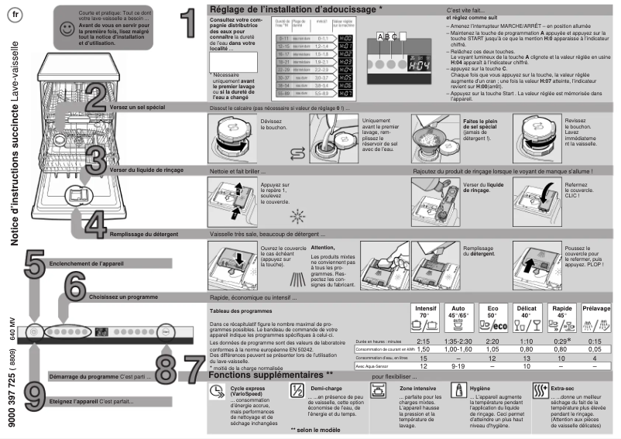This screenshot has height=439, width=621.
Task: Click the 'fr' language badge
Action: click(17, 14)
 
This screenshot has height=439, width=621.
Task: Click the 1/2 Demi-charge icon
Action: click(296, 391)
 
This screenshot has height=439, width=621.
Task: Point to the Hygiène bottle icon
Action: click(461, 391)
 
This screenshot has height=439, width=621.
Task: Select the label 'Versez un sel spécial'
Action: click(136, 108)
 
